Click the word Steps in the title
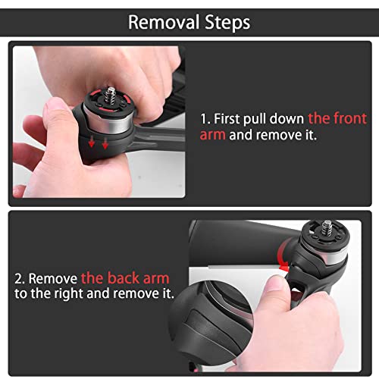pos(227,23)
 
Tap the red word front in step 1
pos(350,118)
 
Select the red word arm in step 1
pos(212,135)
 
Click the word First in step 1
pos(227,118)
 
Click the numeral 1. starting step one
pos(205,119)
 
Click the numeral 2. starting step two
pos(20,278)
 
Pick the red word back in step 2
pos(124,278)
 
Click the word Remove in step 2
pos(53,278)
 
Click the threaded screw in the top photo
pos(111,94)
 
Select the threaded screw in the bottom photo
pos(327,227)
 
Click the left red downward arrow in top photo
pos(92,142)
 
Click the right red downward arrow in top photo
pos(105,143)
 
